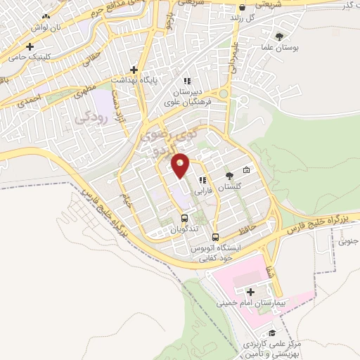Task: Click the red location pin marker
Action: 181,165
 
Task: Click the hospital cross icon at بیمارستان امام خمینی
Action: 250,290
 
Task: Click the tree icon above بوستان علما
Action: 280,36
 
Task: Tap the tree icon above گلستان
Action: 229,176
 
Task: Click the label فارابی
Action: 203,191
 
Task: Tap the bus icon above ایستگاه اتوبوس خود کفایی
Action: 216,237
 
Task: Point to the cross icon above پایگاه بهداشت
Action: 134,70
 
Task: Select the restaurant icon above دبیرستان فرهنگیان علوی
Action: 187,81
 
